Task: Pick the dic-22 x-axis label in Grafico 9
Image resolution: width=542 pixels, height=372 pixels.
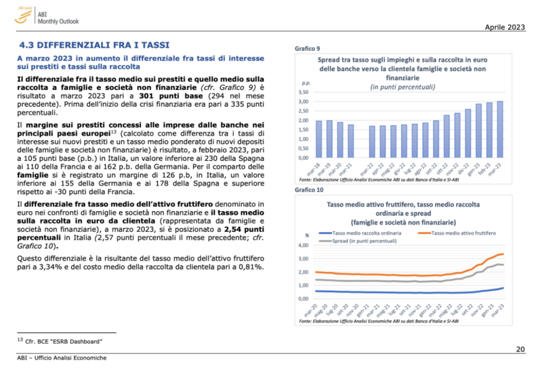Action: tap(456, 167)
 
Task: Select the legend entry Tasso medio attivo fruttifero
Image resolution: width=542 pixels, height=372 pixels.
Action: tap(463, 233)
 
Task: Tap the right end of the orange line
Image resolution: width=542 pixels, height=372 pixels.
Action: tap(502, 254)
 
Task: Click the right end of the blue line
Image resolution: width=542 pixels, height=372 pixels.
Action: tap(502, 288)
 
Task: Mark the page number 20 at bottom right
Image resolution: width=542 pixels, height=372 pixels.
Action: tap(520, 349)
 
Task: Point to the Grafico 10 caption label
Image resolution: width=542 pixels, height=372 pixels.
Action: tap(308, 190)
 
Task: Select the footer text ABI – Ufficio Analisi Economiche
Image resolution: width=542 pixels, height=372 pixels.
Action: tap(62, 357)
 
